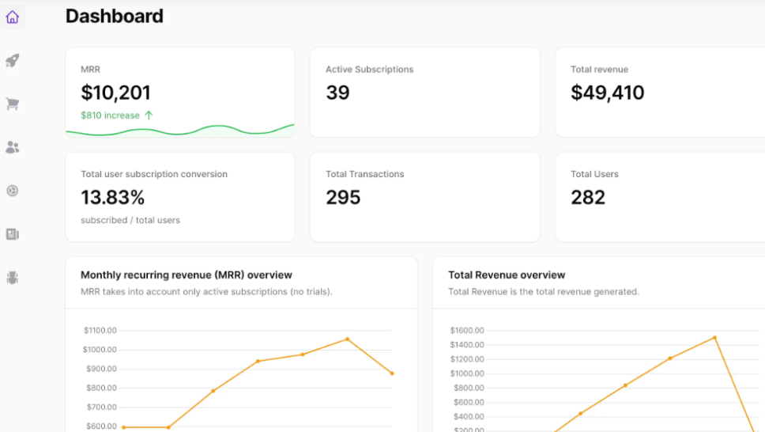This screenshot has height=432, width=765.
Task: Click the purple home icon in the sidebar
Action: click(x=12, y=17)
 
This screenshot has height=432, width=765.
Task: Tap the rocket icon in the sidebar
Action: click(x=12, y=61)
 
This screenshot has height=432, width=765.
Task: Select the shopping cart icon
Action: click(x=12, y=104)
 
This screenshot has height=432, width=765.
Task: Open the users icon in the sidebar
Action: click(x=12, y=147)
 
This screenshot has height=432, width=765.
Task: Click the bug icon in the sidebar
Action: click(x=12, y=278)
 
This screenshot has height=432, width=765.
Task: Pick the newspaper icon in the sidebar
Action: click(x=12, y=234)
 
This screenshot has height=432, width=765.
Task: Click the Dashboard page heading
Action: click(x=114, y=16)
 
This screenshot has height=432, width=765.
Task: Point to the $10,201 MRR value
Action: click(x=115, y=93)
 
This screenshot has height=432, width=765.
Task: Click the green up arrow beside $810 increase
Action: click(x=149, y=116)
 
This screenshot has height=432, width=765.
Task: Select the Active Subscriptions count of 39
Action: click(x=337, y=93)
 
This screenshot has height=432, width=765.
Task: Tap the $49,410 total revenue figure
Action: click(x=608, y=93)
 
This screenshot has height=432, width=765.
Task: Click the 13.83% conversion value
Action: click(x=113, y=198)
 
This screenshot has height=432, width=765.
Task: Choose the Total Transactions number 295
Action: click(x=343, y=198)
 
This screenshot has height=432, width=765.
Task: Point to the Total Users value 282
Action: click(x=588, y=198)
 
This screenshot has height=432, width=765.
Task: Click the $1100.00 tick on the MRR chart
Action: click(x=100, y=331)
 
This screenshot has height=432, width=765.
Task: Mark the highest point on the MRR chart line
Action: click(x=348, y=339)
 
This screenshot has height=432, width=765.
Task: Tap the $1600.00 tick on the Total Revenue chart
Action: click(x=467, y=331)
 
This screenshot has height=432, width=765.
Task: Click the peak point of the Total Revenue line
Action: click(x=714, y=338)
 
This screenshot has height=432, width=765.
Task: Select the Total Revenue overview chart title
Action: click(x=507, y=275)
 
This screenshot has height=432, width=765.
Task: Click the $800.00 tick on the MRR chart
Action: click(x=101, y=388)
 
